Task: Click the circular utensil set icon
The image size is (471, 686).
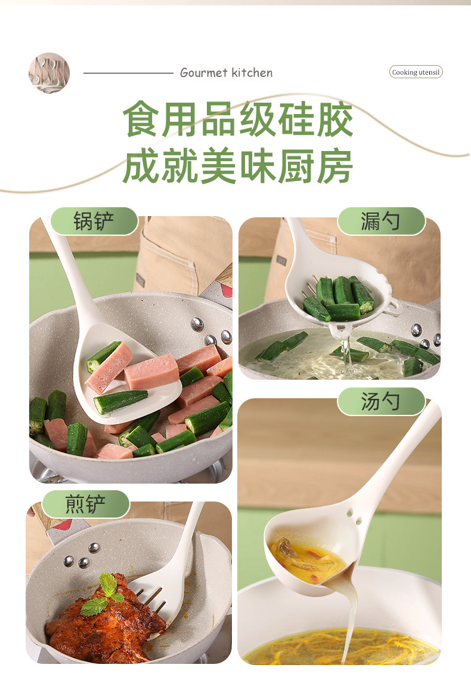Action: coord(49,73)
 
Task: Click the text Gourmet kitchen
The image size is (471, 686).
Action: coord(226,73)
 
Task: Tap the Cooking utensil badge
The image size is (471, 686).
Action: coord(416,72)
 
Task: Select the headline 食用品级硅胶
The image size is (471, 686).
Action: coord(237,119)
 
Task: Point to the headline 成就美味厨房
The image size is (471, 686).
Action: coord(237,166)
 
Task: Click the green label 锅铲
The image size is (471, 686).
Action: coord(94,222)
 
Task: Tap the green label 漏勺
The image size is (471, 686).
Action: coord(381,222)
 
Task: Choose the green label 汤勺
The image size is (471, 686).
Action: coord(381,402)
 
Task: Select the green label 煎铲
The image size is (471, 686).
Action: coord(86,504)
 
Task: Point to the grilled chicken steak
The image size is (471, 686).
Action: coord(104,621)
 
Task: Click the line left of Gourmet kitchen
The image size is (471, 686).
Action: coord(128,73)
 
